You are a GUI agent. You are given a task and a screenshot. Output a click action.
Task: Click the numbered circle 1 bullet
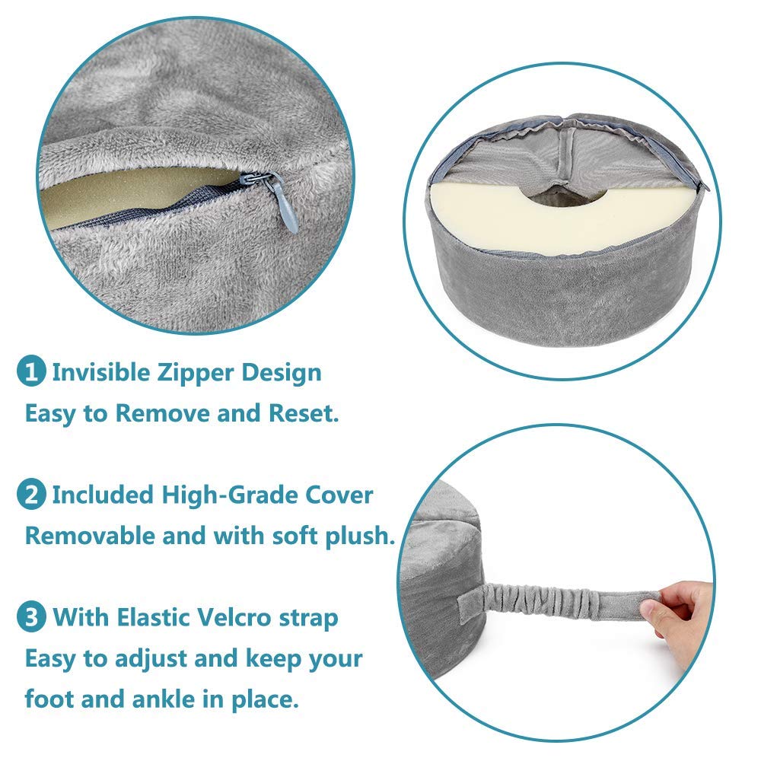tap(31, 374)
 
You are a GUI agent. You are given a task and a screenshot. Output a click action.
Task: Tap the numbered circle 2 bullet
tap(31, 495)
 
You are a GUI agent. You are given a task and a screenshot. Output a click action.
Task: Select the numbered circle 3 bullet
tap(31, 617)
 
